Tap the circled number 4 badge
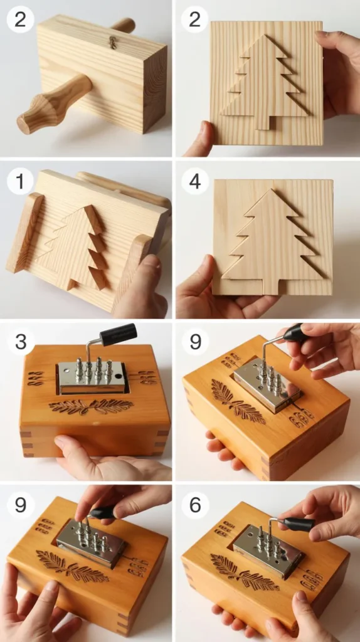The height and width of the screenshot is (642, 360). (x=195, y=181)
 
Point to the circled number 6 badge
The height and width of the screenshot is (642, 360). (x=195, y=505)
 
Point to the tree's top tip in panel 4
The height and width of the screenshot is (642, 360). (x=272, y=189)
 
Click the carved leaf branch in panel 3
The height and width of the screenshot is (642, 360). (x=91, y=406)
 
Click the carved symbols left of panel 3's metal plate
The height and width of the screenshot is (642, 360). (x=35, y=379)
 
